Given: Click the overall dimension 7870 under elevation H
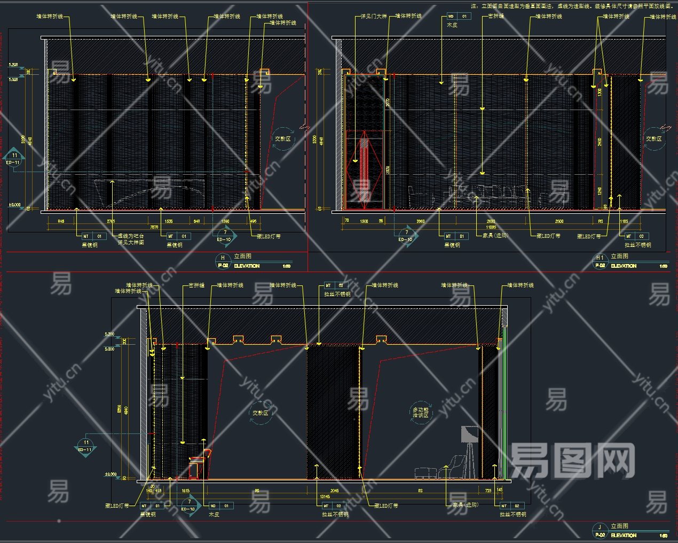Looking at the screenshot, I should point(154,227).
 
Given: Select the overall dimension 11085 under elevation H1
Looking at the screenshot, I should point(491,227).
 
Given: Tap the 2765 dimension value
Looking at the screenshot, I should point(111,221).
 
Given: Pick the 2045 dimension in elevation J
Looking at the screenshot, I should point(334,490).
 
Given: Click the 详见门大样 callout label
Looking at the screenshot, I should point(371,17).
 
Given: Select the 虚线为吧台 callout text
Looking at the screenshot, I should point(131,236).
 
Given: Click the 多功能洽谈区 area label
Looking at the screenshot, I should point(420,412).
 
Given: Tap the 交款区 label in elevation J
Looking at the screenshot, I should point(261,413).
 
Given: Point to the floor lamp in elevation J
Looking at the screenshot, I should point(469,448).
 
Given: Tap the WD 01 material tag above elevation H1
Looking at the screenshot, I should point(458,17).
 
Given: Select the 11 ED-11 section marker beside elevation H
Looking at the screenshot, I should point(14,159).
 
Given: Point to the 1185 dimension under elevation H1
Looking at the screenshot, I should point(624,221).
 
